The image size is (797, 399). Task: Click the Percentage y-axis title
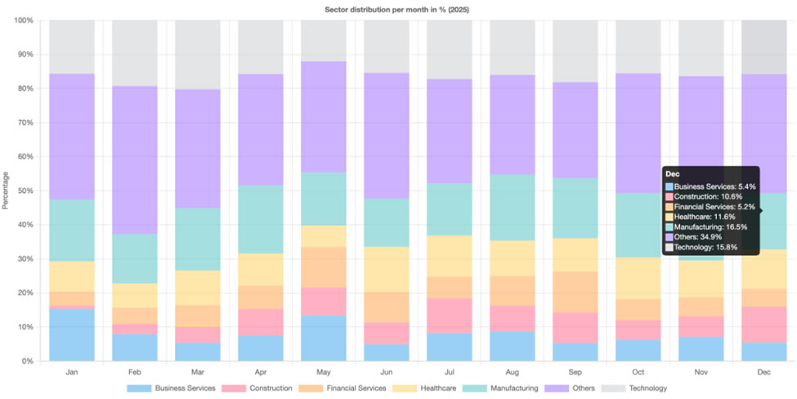point(6,190)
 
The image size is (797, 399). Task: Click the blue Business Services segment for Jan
point(72,334)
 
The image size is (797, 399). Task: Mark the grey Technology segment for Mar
point(198,55)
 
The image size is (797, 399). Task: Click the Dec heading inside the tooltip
point(673,174)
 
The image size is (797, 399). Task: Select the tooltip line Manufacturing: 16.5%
point(709,226)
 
